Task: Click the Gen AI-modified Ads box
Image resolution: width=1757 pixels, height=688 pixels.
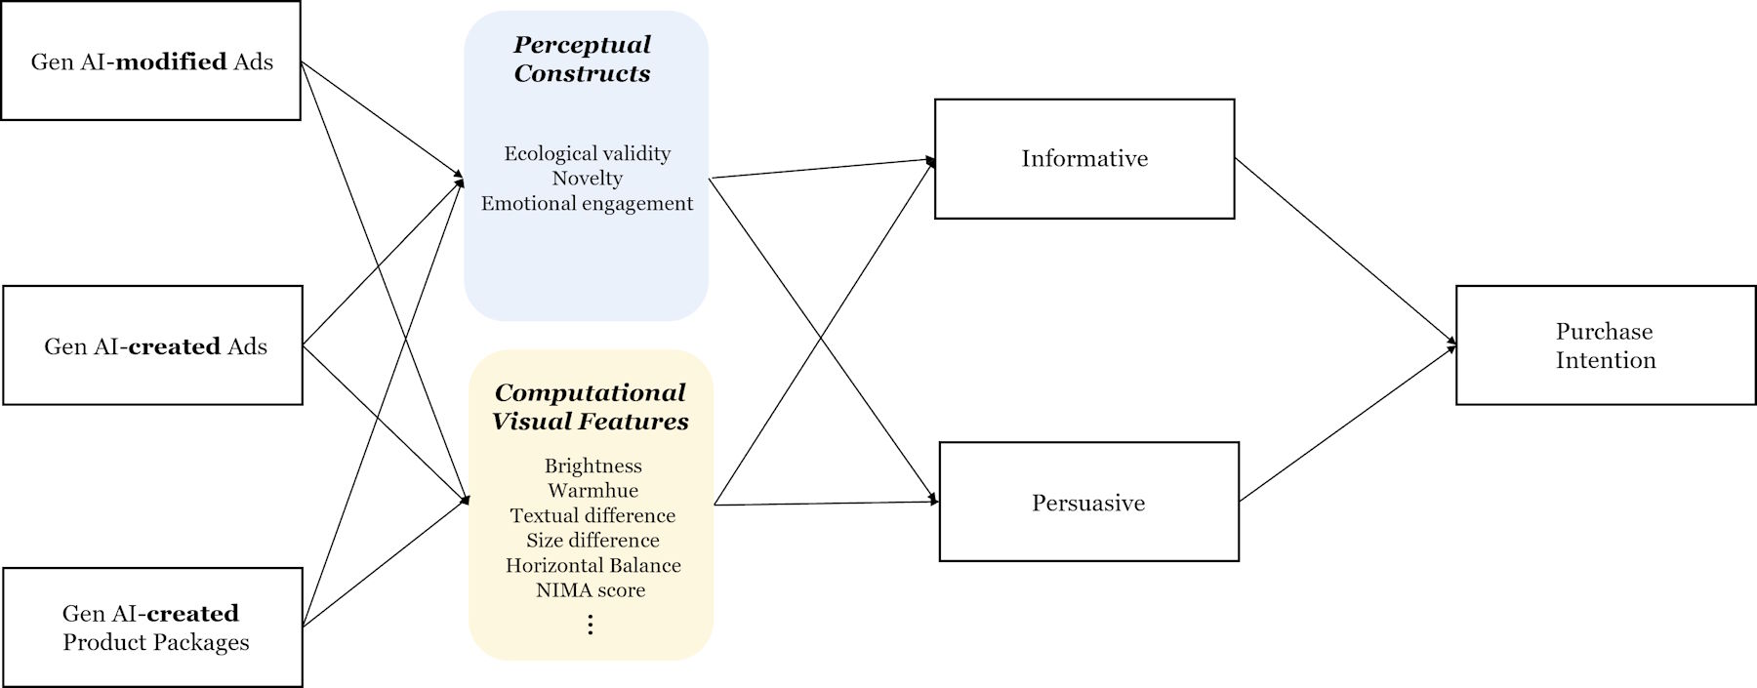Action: (151, 61)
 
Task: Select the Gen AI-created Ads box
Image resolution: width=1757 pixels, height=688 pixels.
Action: (153, 345)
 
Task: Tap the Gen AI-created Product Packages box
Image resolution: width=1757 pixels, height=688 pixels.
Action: (153, 627)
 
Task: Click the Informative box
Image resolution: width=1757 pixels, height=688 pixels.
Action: (1084, 159)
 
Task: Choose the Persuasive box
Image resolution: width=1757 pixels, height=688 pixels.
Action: (1088, 503)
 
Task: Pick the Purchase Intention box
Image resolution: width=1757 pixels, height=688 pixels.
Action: (1606, 345)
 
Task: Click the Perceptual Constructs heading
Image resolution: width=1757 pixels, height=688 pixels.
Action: (583, 59)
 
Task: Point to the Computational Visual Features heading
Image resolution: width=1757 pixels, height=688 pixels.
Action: (591, 407)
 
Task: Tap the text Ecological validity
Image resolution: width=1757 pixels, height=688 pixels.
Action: (587, 153)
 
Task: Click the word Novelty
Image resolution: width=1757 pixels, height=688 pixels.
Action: (587, 179)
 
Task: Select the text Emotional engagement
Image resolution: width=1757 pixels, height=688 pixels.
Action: (587, 204)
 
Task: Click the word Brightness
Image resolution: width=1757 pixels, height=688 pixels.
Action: (592, 465)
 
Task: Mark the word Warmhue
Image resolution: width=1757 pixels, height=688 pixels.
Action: (592, 491)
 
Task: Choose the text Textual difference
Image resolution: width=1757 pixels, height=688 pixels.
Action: (592, 515)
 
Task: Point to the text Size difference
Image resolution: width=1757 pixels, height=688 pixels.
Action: (592, 541)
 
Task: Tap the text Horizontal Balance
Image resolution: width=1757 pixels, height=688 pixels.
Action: (592, 566)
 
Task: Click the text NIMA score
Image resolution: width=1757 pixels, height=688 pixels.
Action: (591, 590)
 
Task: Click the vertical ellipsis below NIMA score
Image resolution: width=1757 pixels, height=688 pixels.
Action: (590, 625)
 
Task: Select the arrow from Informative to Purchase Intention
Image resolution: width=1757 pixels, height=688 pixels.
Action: (1345, 250)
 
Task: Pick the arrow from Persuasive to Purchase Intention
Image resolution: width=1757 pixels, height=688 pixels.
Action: (1347, 424)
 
